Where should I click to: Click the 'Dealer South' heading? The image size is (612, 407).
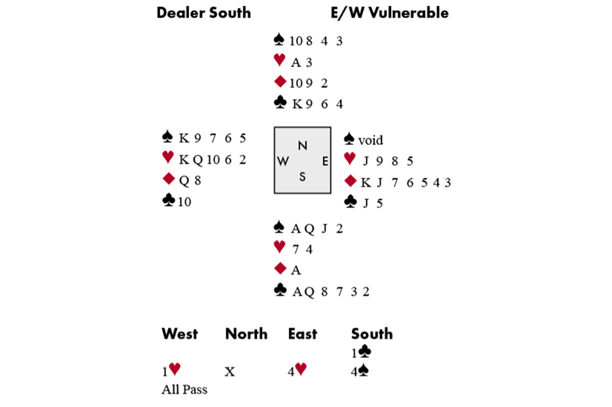coord(203,13)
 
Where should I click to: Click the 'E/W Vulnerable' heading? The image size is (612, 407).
coord(389,13)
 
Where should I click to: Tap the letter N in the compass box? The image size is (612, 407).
coord(302,146)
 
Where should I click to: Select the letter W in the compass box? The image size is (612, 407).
coord(283,161)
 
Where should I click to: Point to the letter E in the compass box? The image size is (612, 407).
coord(325,161)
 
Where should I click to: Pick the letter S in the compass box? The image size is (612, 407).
coord(302,177)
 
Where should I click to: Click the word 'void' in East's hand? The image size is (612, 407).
coord(370,140)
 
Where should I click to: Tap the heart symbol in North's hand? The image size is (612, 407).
coord(280,60)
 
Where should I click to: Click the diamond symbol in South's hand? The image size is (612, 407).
coord(280,268)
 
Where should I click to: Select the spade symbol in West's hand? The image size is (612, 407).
coord(168,136)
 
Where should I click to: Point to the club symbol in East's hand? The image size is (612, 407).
coord(351,202)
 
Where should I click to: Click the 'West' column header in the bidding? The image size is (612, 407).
coord(179,334)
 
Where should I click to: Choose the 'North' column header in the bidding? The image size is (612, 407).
coord(246,334)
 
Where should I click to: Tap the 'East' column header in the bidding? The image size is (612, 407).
coord(302,334)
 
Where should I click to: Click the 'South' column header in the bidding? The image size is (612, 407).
coord(371,334)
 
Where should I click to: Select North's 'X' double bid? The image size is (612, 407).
coord(229,372)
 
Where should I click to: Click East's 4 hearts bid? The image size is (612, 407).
coord(297,370)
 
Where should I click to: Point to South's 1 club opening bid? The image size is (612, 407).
coord(361,352)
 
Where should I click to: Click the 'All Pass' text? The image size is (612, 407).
coord(185,389)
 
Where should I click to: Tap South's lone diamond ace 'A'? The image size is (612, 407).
coord(296,269)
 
